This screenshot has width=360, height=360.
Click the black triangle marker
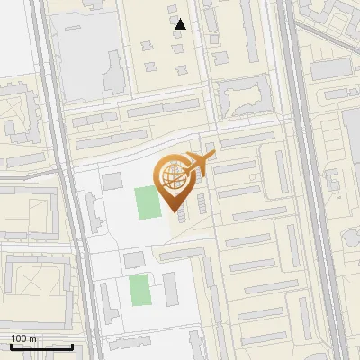tap(180, 24)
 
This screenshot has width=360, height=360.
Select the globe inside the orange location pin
tap(172, 177)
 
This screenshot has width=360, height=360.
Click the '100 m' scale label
tap(23, 338)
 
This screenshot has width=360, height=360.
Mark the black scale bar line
tap(41, 346)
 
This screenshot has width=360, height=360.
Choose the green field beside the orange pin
tap(147, 202)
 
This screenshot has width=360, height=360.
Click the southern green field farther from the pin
tap(139, 290)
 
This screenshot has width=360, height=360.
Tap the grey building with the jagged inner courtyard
tap(243, 94)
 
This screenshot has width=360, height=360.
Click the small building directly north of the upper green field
tap(112, 182)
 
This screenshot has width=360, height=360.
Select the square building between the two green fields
tap(133, 261)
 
